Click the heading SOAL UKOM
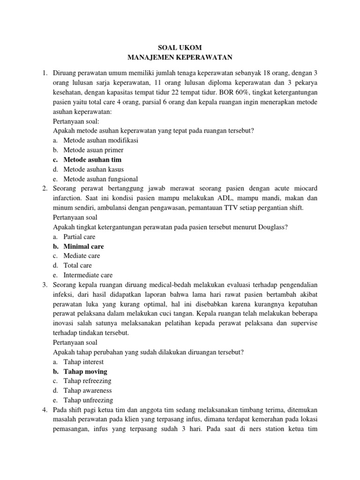click(180, 48)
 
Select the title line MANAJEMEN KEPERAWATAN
click(180, 58)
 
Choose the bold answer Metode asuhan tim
click(89, 160)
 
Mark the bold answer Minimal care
click(83, 246)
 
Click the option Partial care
click(79, 237)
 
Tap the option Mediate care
click(82, 256)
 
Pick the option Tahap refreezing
click(87, 381)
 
